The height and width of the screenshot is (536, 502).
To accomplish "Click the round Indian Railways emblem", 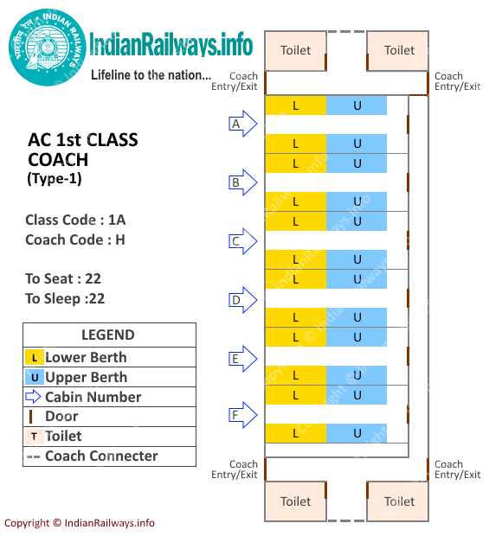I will pyautogui.click(x=48, y=48).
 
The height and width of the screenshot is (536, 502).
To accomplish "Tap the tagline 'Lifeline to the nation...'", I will pyautogui.click(x=151, y=75).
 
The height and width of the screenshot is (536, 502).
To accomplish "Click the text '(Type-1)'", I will pyautogui.click(x=55, y=179).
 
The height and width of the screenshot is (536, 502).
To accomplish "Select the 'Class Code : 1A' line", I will pyautogui.click(x=75, y=220).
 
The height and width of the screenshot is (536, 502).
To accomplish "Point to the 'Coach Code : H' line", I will pyautogui.click(x=75, y=240).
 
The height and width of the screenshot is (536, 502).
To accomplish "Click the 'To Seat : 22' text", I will pyautogui.click(x=64, y=278).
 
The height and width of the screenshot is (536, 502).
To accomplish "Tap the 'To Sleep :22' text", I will pyautogui.click(x=65, y=298).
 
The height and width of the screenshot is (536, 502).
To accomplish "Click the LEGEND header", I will pyautogui.click(x=108, y=335).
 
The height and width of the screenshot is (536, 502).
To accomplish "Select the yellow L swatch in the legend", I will pyautogui.click(x=34, y=357).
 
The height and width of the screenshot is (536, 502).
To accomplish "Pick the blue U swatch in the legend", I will pyautogui.click(x=34, y=377).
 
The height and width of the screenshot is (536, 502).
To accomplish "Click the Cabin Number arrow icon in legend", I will pyautogui.click(x=34, y=397).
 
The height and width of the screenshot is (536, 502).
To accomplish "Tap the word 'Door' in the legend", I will pyautogui.click(x=62, y=417).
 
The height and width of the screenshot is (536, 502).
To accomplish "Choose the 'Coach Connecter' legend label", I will pyautogui.click(x=101, y=456).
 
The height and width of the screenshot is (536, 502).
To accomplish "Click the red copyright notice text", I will pyautogui.click(x=80, y=522).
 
